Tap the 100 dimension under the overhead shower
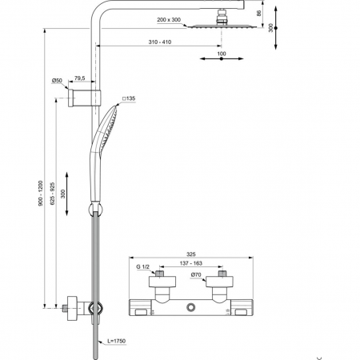pos(222,54)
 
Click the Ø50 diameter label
pos(57,80)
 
